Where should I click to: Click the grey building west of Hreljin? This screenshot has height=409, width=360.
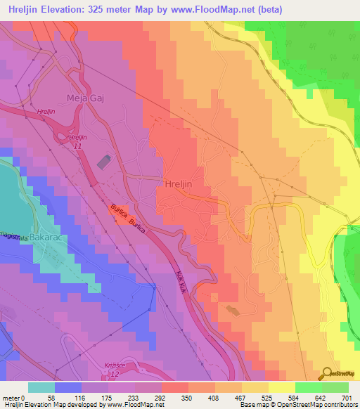tap(103, 162)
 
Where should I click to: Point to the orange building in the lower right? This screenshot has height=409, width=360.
tap(233, 310)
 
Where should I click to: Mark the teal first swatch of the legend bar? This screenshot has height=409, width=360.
tap(41, 387)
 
